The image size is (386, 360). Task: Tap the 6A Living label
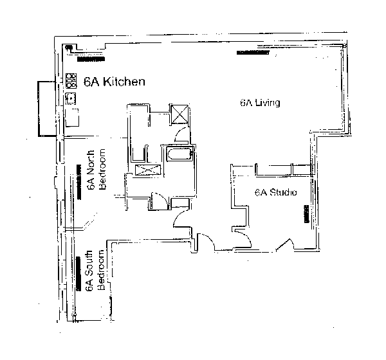pos(259,103)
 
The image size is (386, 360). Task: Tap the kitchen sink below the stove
pos(71,98)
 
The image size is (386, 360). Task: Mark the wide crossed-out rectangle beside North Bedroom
pos(147,170)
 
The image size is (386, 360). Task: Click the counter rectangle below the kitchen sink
pos(73,118)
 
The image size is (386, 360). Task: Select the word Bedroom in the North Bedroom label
pos(101,173)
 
